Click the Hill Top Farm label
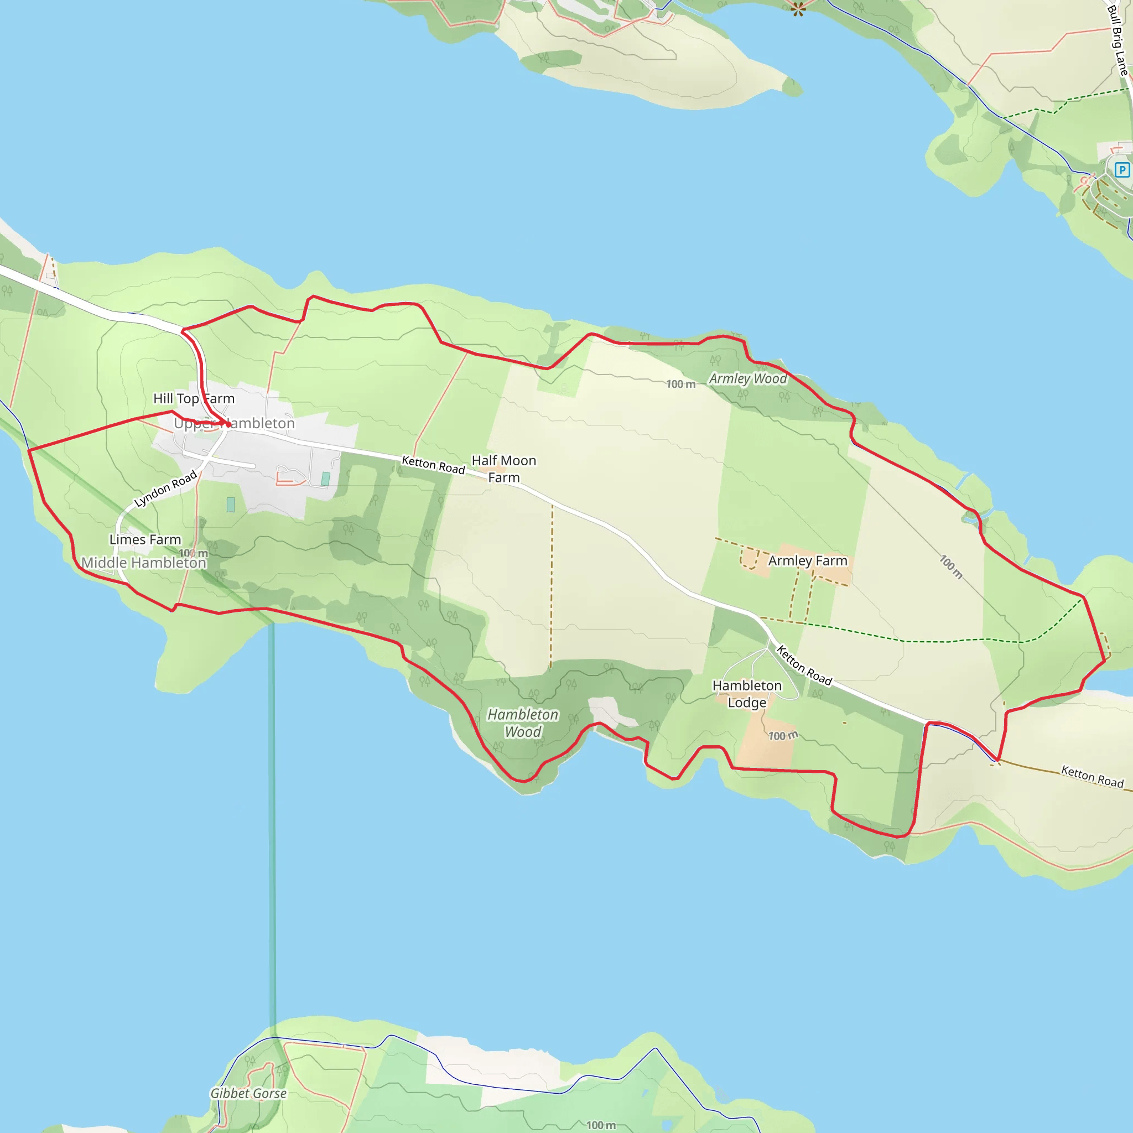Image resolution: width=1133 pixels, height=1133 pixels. pyautogui.click(x=194, y=399)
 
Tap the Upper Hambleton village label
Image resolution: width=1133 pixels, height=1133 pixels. pyautogui.click(x=234, y=423)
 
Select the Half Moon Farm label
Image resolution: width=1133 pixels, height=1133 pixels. pyautogui.click(x=504, y=469)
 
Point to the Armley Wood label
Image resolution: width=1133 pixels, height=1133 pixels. pyautogui.click(x=748, y=379)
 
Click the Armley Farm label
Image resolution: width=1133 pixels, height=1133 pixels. pyautogui.click(x=808, y=560)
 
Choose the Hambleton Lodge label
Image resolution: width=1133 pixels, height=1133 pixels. pyautogui.click(x=746, y=694)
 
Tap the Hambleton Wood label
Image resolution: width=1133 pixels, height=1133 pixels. pyautogui.click(x=522, y=723)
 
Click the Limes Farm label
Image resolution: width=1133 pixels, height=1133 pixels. pyautogui.click(x=145, y=539)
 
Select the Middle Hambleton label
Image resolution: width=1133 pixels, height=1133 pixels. pyautogui.click(x=144, y=563)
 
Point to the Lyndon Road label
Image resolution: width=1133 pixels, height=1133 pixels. pyautogui.click(x=165, y=488)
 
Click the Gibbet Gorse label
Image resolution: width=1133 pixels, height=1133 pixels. pyautogui.click(x=248, y=1093)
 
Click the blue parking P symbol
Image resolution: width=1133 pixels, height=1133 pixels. pyautogui.click(x=1122, y=170)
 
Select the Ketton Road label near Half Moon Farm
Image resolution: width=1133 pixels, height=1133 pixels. pyautogui.click(x=433, y=465)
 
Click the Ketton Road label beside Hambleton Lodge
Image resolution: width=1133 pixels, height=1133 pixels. pyautogui.click(x=804, y=665)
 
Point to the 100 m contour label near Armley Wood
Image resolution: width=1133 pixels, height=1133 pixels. pyautogui.click(x=680, y=384)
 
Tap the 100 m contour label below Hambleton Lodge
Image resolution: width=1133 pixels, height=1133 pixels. pyautogui.click(x=783, y=735)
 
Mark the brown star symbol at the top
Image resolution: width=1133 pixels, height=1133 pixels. pyautogui.click(x=798, y=8)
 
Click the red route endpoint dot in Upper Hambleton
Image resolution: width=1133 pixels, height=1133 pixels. pyautogui.click(x=227, y=424)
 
